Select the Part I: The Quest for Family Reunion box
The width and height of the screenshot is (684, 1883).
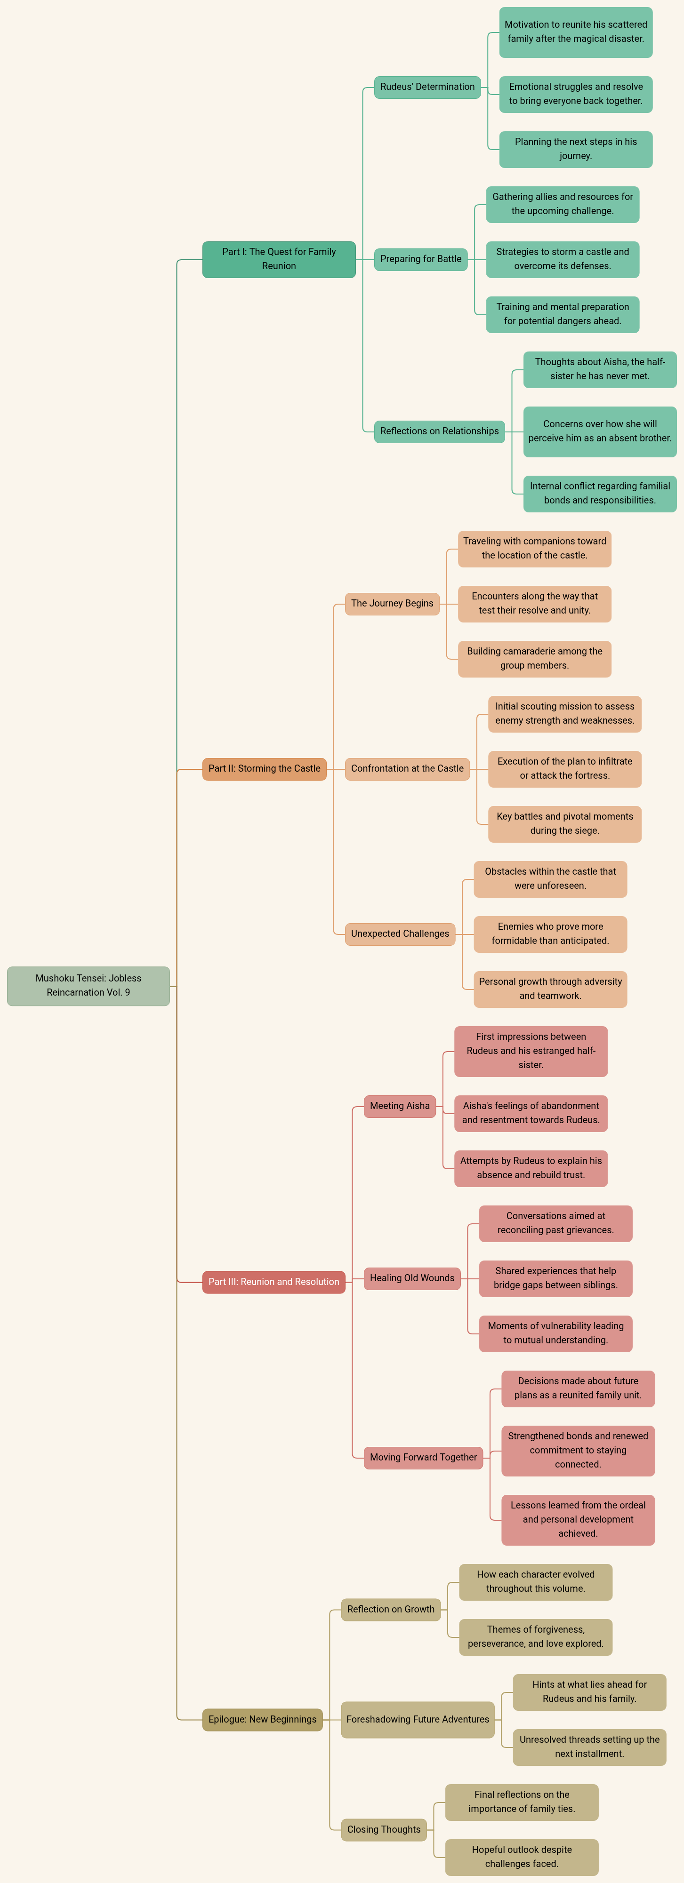279,259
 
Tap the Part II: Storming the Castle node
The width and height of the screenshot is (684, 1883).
264,768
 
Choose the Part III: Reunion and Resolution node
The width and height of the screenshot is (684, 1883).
274,1281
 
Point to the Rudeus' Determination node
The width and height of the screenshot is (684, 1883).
427,87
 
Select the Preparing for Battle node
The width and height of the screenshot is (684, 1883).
421,259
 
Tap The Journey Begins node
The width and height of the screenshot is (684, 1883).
392,604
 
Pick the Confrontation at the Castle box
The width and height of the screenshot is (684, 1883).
408,768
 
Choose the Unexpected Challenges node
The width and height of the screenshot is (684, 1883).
400,934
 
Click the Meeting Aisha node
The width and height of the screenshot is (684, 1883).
400,1106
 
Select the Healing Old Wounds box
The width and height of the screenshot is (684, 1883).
412,1278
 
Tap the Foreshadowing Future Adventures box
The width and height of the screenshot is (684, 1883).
418,1719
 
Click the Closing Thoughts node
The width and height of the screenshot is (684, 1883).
384,1830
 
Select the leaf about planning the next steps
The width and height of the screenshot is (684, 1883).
576,149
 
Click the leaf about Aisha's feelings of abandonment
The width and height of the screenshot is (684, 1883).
531,1113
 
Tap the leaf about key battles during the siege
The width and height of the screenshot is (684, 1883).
565,824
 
